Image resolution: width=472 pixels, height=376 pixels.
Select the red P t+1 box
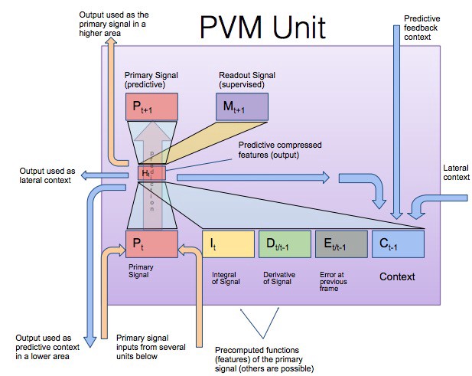click(x=151, y=107)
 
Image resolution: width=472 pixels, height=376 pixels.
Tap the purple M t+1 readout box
click(x=242, y=107)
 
